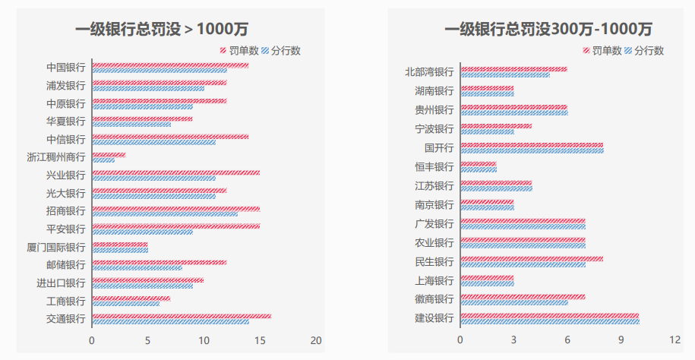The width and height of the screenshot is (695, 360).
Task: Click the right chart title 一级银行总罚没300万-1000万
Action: click(x=548, y=30)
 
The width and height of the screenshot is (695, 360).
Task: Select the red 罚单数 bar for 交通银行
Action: click(x=181, y=316)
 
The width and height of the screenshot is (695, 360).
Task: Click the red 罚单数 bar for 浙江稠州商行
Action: click(x=109, y=155)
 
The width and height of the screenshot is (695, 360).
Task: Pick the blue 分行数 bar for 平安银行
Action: click(x=142, y=232)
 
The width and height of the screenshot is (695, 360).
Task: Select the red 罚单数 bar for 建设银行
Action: click(x=549, y=315)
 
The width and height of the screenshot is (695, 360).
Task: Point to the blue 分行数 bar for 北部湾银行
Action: click(x=505, y=74)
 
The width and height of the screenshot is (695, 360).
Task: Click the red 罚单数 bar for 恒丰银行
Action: click(x=478, y=163)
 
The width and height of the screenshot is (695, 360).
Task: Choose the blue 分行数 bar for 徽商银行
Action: click(x=513, y=302)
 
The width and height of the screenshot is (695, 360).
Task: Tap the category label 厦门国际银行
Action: click(x=55, y=248)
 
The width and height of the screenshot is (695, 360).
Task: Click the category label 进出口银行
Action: click(x=61, y=283)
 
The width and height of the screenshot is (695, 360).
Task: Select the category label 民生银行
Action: click(x=434, y=261)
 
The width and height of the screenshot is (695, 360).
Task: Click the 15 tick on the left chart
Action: click(x=260, y=340)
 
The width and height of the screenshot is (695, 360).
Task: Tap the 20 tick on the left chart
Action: click(x=316, y=340)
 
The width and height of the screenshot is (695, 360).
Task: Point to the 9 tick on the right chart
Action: click(x=621, y=340)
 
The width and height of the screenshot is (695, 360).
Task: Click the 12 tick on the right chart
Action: click(x=674, y=340)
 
